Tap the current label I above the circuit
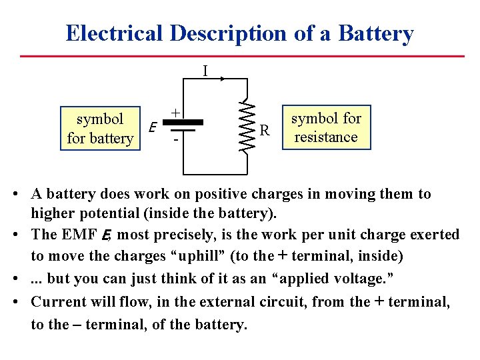(x=205, y=70)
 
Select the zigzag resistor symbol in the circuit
(x=245, y=127)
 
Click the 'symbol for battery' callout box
(x=100, y=128)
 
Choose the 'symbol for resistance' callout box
(x=326, y=127)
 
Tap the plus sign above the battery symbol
(x=175, y=113)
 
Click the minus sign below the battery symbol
(x=175, y=141)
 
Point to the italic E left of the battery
(x=153, y=127)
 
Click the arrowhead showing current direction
(x=222, y=78)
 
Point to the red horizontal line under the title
(x=240, y=56)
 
